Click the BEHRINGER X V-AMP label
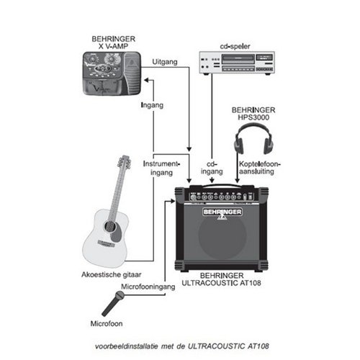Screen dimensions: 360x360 point(113,42)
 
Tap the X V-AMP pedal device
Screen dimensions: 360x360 point(112,73)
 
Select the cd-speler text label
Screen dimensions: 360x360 point(235,46)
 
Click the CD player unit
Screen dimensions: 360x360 point(237,63)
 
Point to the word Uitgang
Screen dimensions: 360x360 point(165,62)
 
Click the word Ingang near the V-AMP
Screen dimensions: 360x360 point(152,105)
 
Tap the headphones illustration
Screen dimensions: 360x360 point(253,138)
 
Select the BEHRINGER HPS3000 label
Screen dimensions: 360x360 point(253,114)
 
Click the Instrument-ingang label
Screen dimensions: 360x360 point(161,168)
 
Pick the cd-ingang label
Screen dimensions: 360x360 point(212,168)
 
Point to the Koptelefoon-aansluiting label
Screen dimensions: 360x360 point(260,168)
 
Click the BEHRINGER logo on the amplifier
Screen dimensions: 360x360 point(222,212)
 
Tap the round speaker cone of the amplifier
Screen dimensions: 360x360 point(222,235)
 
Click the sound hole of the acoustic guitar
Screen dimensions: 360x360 point(109,226)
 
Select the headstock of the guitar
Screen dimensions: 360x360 point(125,161)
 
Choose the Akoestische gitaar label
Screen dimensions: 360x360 point(112,274)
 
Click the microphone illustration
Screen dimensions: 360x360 point(112,303)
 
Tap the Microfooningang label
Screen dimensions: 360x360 point(148,287)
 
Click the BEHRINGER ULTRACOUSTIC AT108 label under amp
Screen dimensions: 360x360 point(221,279)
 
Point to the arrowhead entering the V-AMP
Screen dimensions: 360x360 point(147,80)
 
